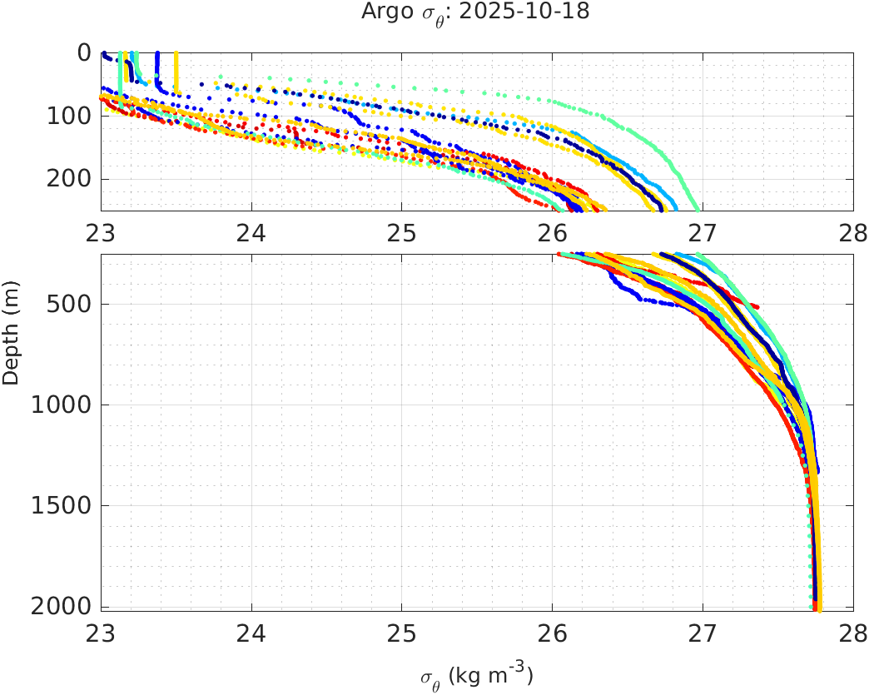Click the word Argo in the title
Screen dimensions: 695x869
(382, 12)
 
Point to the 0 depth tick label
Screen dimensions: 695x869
(84, 52)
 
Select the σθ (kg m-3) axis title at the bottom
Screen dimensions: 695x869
(476, 675)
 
